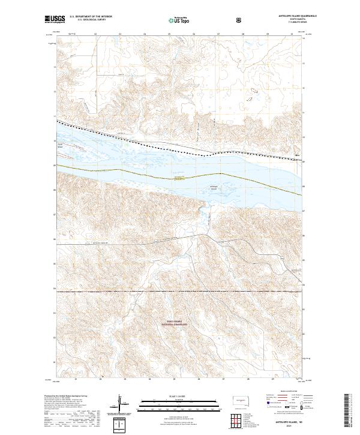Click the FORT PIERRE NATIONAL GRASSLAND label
(x=178, y=322)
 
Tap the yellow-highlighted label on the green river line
(x=179, y=178)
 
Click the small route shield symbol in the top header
(x=241, y=20)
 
